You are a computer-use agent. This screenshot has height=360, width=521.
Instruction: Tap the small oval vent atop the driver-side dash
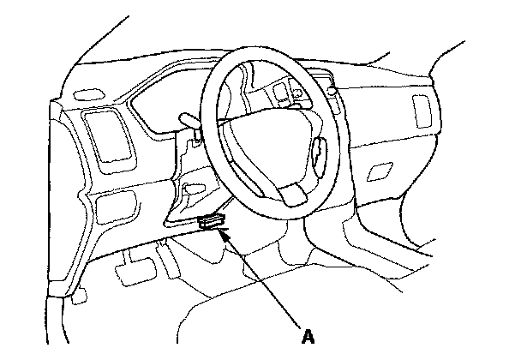(87, 93)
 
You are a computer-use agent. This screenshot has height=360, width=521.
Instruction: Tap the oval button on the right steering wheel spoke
(319, 153)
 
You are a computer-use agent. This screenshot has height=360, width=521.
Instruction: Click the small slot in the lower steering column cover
(194, 187)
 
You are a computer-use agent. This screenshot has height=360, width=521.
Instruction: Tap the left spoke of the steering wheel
(225, 129)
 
